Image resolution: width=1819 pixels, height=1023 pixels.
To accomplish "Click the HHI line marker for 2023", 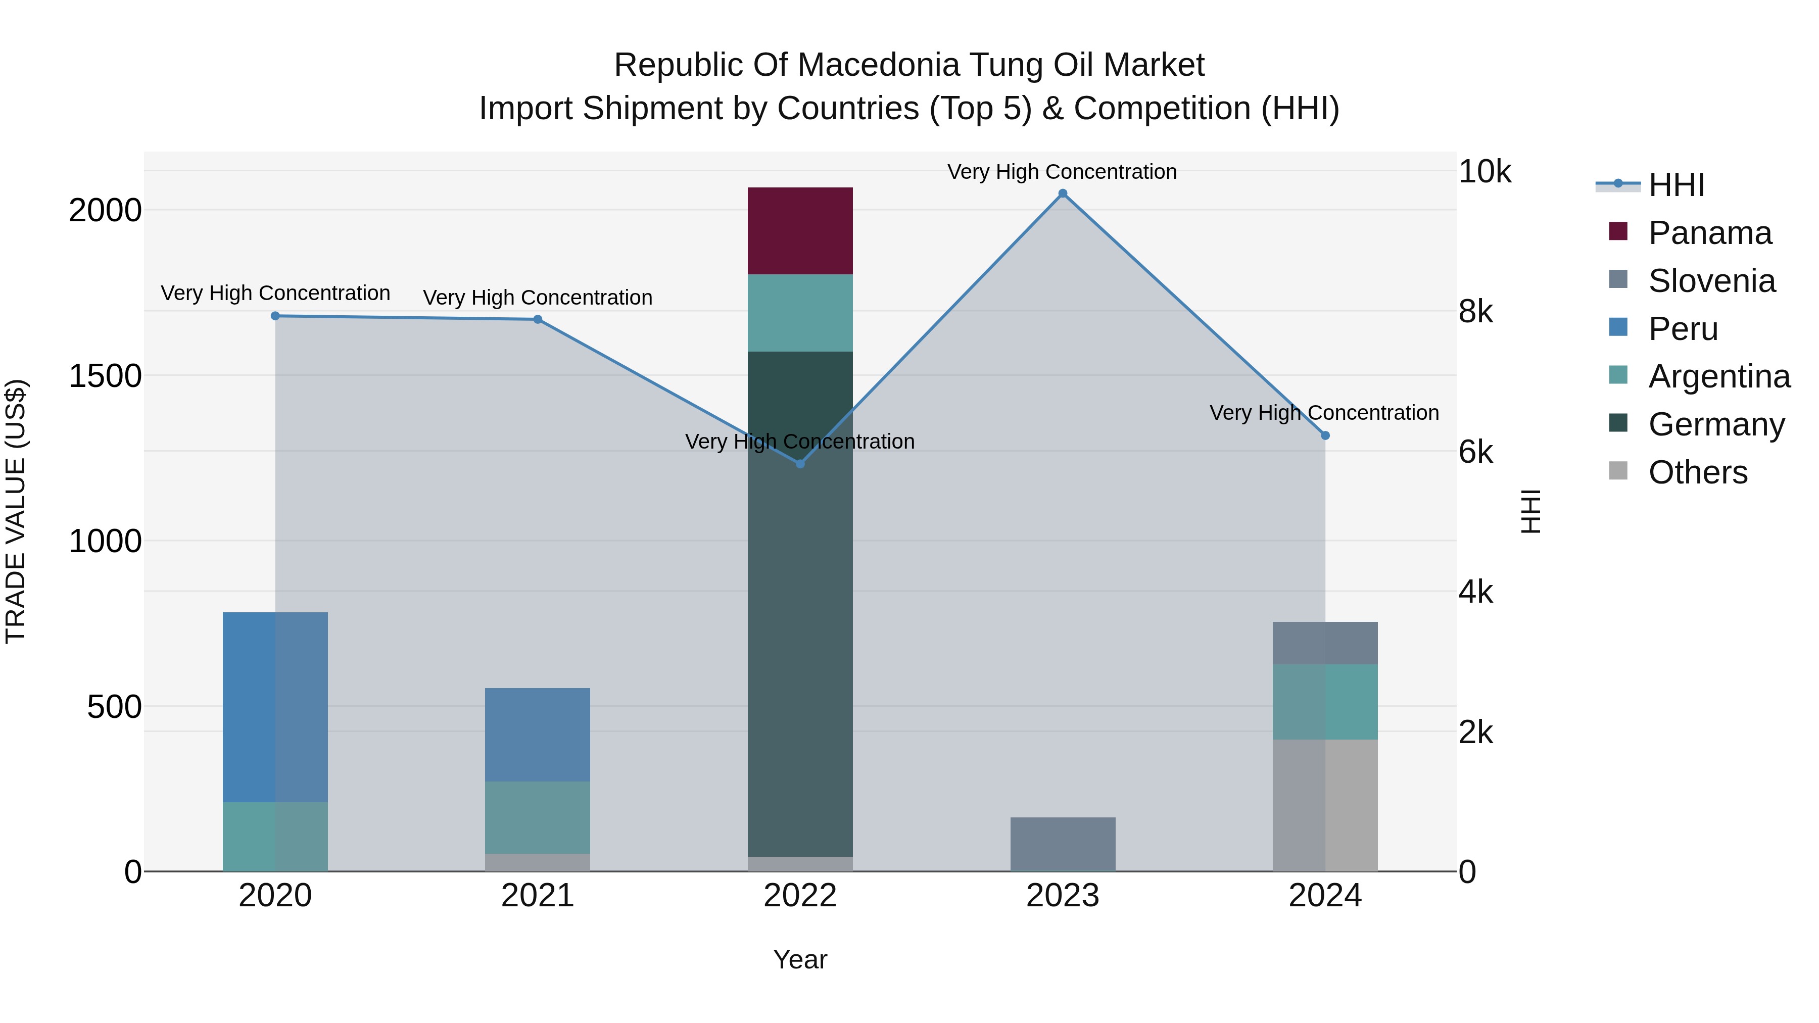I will tap(1062, 193).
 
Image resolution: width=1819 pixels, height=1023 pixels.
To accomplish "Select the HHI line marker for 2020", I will tap(275, 316).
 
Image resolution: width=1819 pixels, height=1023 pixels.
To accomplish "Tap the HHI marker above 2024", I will tap(1325, 435).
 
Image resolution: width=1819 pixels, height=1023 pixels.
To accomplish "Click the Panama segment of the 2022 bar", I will tap(800, 231).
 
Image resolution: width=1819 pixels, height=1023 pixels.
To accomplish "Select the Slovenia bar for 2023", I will tap(1062, 844).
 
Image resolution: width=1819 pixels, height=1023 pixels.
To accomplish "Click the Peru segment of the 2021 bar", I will tap(538, 734).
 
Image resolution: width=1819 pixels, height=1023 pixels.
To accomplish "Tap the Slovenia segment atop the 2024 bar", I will tap(1325, 643).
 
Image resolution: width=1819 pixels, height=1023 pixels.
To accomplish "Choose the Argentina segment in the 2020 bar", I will tap(275, 836).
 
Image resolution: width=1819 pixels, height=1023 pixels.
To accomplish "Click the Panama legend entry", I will tap(1709, 233).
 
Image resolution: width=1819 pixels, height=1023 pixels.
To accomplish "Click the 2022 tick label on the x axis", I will tap(800, 896).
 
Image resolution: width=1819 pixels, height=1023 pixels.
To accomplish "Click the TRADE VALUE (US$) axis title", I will tap(16, 511).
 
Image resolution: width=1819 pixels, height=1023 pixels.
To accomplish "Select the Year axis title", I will tap(800, 959).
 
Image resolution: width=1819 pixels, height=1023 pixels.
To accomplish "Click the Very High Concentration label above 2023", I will tap(1062, 172).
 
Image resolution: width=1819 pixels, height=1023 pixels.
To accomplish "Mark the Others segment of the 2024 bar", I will tap(1325, 805).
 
